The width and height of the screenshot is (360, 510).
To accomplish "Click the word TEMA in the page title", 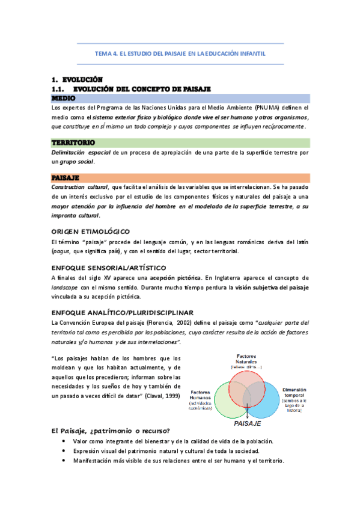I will click(x=103, y=54).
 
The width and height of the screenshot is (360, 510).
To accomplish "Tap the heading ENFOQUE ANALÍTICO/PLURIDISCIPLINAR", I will click(x=122, y=313).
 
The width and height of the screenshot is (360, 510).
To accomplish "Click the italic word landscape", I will click(x=67, y=287).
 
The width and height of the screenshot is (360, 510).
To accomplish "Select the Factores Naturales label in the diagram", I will click(x=247, y=360).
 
